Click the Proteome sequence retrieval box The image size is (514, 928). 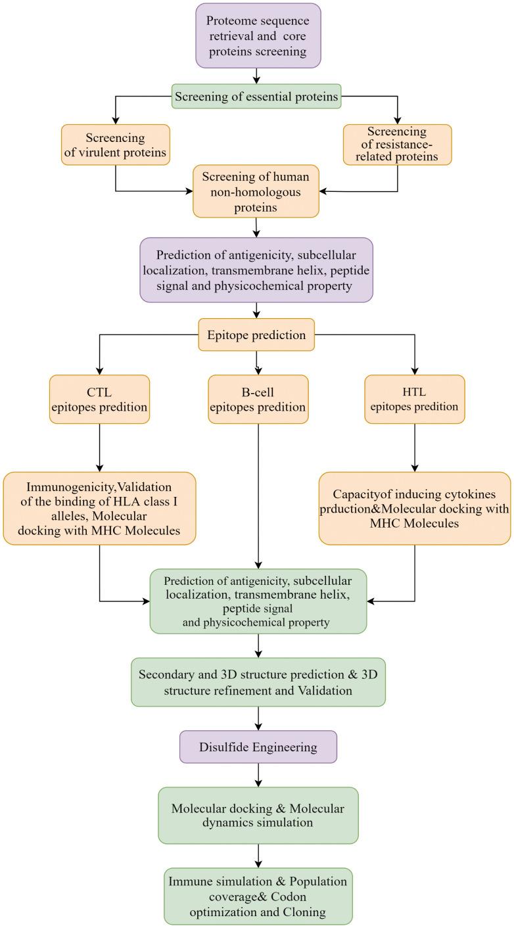click(x=258, y=35)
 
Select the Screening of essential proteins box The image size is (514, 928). click(x=257, y=97)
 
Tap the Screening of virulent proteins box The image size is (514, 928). click(x=116, y=145)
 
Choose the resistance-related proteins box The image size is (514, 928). click(x=398, y=145)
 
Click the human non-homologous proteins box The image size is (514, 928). click(x=256, y=191)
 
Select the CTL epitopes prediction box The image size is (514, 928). click(x=99, y=398)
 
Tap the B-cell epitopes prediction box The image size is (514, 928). click(x=258, y=398)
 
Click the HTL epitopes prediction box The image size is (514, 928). click(x=414, y=398)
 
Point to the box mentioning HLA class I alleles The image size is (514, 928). click(x=99, y=508)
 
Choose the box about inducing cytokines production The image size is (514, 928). click(x=414, y=508)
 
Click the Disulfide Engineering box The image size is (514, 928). click(x=258, y=747)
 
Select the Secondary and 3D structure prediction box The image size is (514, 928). click(x=258, y=682)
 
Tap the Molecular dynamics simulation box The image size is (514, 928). click(x=258, y=815)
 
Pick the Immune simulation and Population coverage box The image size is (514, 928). click(x=258, y=896)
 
